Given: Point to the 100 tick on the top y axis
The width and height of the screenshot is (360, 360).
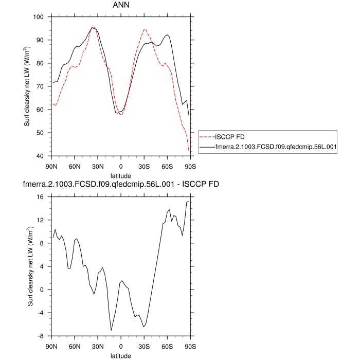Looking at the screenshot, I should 39,17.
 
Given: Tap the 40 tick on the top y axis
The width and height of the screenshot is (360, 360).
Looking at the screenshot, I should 41,156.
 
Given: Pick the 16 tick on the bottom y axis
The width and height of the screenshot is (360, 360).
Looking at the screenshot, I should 41,196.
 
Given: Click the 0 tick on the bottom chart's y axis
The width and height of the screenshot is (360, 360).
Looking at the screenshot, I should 43,290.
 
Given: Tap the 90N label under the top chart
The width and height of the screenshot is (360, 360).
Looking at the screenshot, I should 51,166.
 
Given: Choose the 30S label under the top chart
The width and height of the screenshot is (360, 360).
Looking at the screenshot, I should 144,166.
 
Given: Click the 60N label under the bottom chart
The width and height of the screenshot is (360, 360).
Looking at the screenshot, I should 75,346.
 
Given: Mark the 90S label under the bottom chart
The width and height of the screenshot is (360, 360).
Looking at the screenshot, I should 190,346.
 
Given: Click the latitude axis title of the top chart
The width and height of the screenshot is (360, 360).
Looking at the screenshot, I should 121,175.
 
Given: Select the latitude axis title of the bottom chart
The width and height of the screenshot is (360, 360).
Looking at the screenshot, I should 121,355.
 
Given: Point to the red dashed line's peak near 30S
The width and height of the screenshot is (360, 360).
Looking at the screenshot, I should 145,29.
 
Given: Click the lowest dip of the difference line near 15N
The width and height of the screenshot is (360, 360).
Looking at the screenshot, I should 111,330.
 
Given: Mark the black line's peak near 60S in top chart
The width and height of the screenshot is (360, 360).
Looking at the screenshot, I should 167,35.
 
